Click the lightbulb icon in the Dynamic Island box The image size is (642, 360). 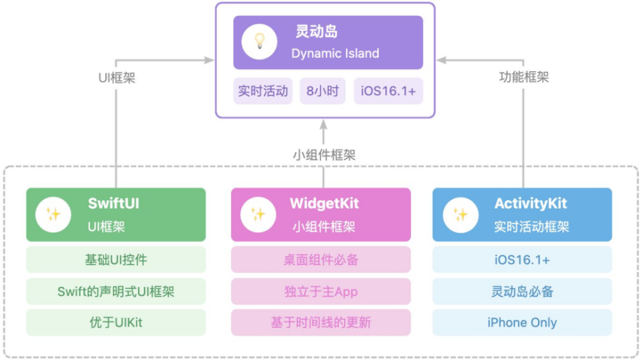(x=258, y=43)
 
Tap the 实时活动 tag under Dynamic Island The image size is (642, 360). (x=263, y=91)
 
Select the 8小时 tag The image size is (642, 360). (x=322, y=91)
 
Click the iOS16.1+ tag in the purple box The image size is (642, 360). (x=388, y=91)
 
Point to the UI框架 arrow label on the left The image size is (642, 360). (x=117, y=77)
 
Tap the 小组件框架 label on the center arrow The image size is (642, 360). (x=324, y=155)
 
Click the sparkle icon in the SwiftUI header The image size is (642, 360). (x=53, y=214)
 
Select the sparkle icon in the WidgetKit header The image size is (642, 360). (x=257, y=214)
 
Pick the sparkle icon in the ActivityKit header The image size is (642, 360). (x=461, y=214)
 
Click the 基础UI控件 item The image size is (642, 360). (x=117, y=260)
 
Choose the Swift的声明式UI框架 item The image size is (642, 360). (x=117, y=292)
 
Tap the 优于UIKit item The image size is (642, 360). (x=117, y=322)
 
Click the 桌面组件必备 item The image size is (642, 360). (x=321, y=260)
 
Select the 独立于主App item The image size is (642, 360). (x=321, y=292)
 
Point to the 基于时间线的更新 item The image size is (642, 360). (x=321, y=322)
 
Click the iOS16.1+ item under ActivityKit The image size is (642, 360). (x=523, y=260)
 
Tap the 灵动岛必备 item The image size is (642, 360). (x=523, y=292)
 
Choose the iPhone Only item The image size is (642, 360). (x=523, y=322)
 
